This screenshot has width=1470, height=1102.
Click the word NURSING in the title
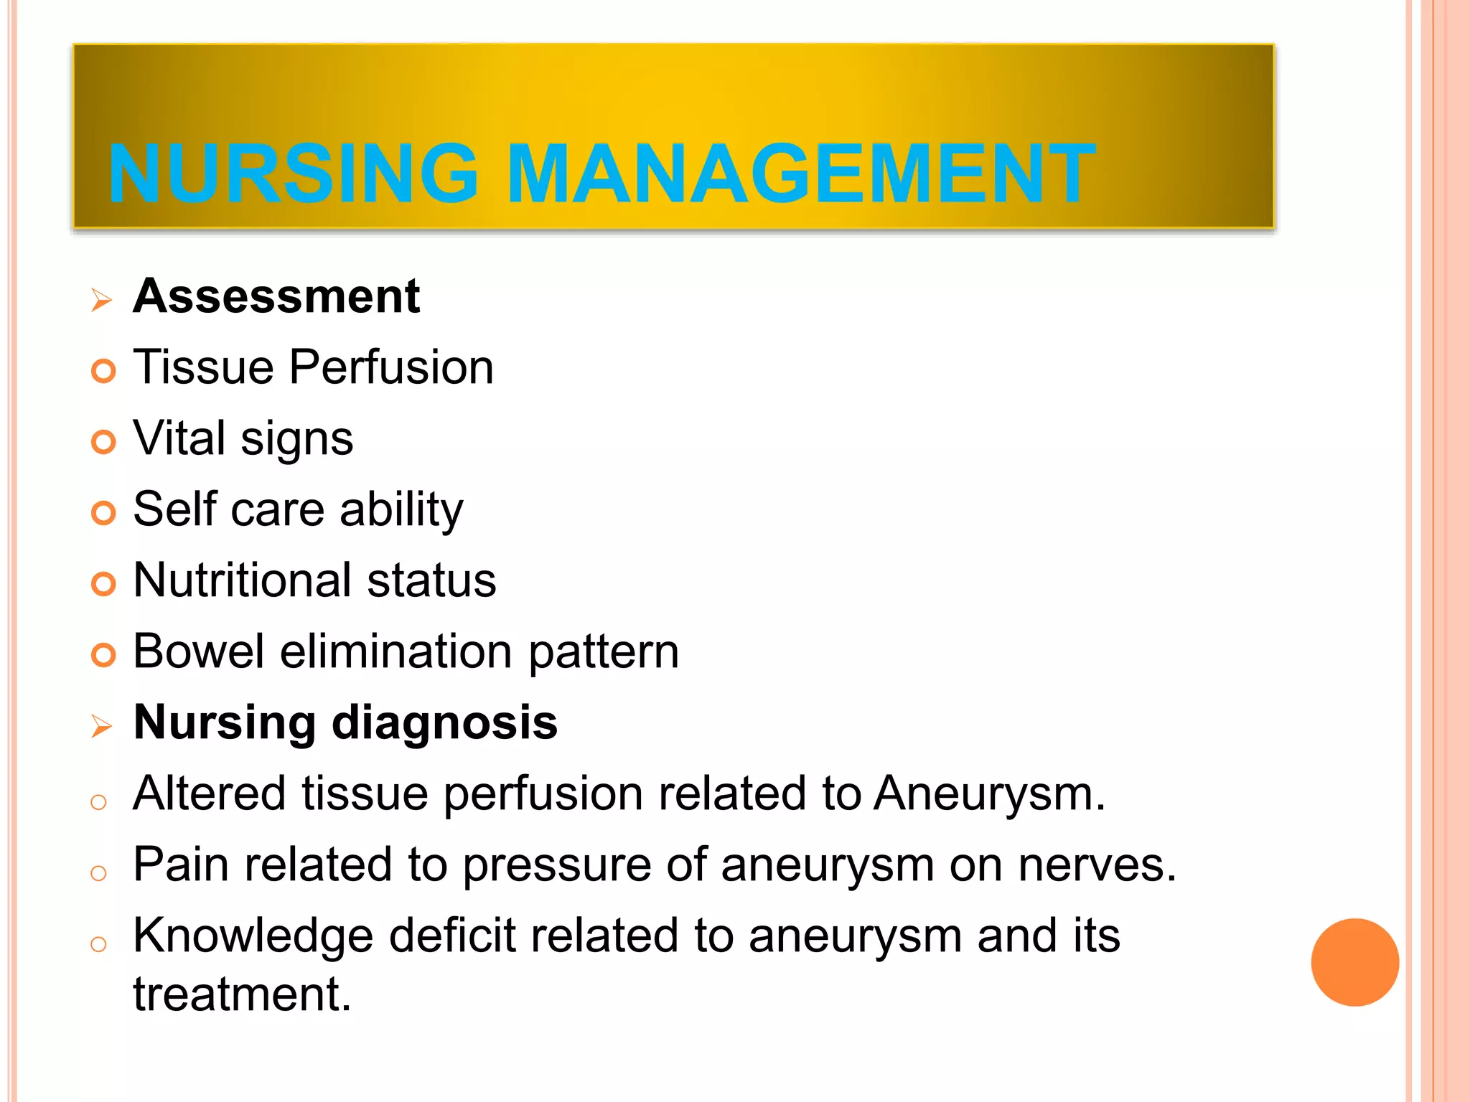(x=293, y=174)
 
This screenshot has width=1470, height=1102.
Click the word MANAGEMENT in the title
(x=801, y=174)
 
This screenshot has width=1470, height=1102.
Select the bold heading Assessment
(x=276, y=296)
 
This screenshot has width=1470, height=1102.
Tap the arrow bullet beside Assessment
(x=102, y=300)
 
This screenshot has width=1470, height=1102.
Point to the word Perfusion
(x=391, y=367)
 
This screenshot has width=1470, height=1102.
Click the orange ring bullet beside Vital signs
(x=103, y=442)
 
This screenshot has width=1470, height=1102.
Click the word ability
(x=401, y=511)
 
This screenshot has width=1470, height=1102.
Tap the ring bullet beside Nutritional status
(x=103, y=584)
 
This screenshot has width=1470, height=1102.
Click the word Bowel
(x=199, y=651)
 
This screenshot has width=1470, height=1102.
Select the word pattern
(x=604, y=653)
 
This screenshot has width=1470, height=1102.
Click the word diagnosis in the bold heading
(x=444, y=722)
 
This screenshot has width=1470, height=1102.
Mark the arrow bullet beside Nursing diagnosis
(x=102, y=727)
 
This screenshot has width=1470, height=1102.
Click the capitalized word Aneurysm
(x=989, y=794)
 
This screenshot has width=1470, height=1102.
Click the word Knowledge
(x=253, y=937)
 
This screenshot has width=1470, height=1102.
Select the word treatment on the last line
(x=242, y=994)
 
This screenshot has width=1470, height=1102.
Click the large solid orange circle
(x=1354, y=962)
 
